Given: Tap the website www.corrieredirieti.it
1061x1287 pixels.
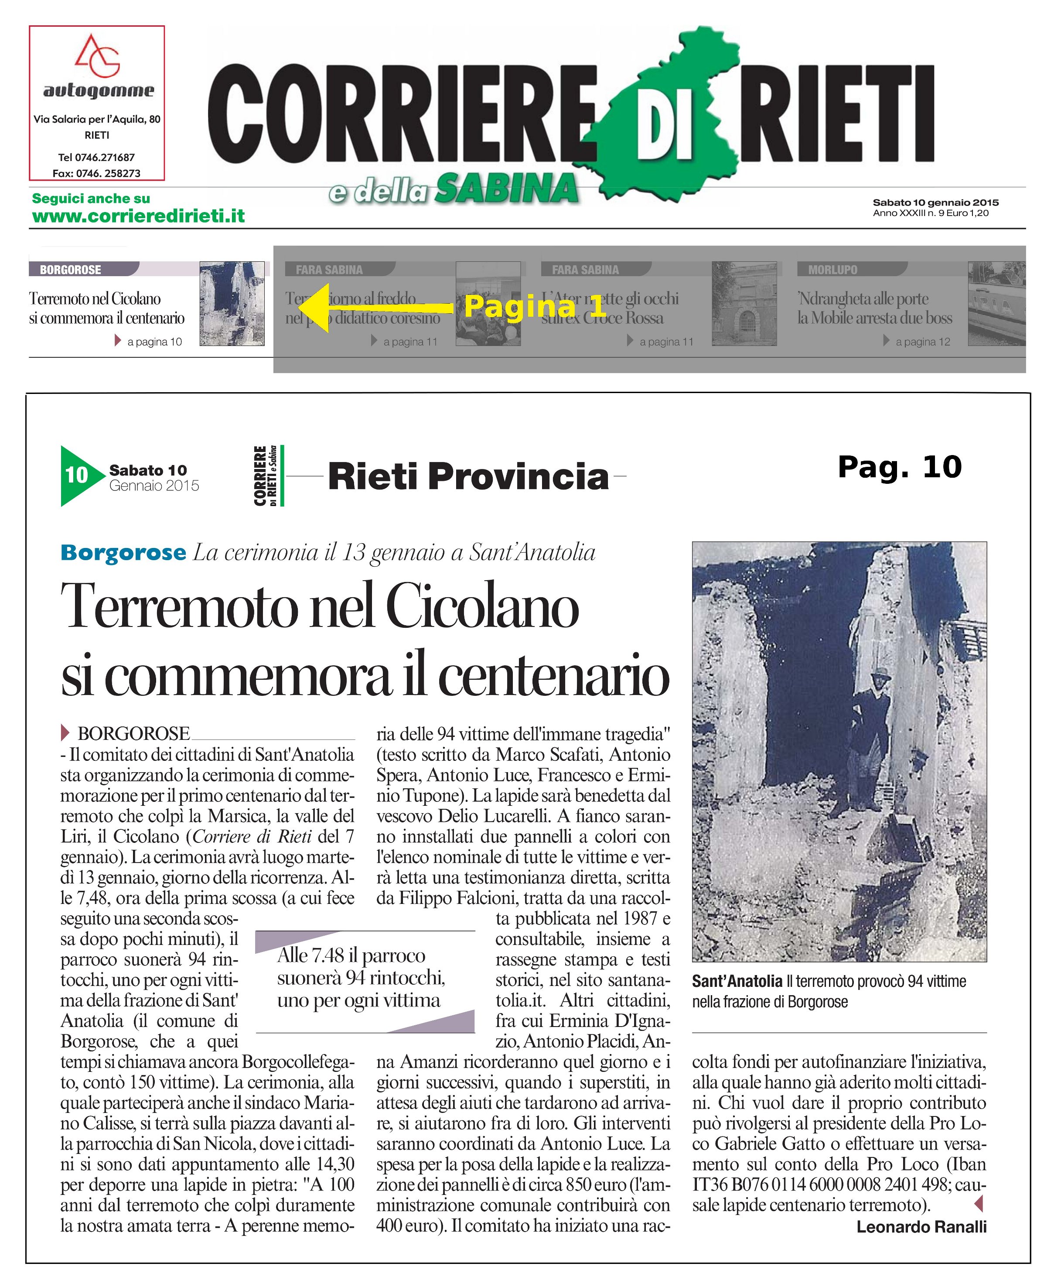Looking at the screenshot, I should click(138, 216).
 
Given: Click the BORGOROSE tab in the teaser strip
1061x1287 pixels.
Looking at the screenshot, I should click(70, 270).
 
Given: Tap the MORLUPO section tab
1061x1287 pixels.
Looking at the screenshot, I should click(832, 270).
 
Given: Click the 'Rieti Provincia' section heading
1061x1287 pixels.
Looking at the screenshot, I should click(468, 477).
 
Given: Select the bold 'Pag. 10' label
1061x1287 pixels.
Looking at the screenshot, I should click(900, 468).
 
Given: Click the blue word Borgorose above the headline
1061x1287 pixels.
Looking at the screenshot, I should click(123, 553).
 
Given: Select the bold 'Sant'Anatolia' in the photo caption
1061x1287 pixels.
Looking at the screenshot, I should click(737, 981).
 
